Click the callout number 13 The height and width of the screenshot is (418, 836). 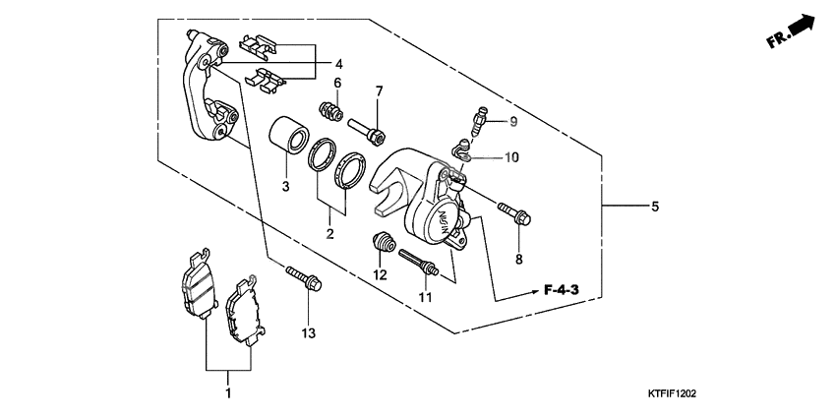point(308,334)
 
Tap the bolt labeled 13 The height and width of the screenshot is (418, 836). point(303,279)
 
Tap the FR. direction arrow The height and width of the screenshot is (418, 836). point(793,32)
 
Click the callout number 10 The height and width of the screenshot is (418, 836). point(511,157)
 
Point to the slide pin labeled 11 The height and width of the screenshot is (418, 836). point(418,263)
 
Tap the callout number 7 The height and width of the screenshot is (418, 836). point(378,91)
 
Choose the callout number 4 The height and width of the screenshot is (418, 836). point(339,64)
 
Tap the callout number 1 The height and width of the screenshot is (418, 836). point(228,394)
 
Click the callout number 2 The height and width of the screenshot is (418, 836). point(330,234)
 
